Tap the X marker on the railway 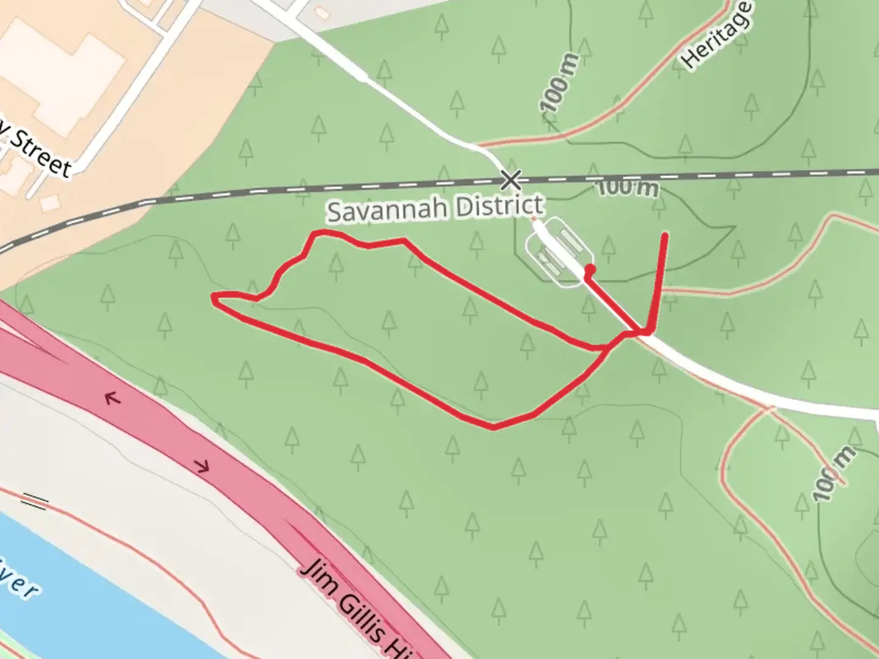tap(511, 180)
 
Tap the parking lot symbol tap(559, 251)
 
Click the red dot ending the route tap(590, 269)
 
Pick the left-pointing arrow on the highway tap(112, 399)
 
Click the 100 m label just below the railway tap(628, 187)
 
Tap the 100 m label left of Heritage tap(559, 83)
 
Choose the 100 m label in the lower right tap(834, 473)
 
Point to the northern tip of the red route tap(664, 234)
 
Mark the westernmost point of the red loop tap(214, 297)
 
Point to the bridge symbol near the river tap(35, 502)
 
